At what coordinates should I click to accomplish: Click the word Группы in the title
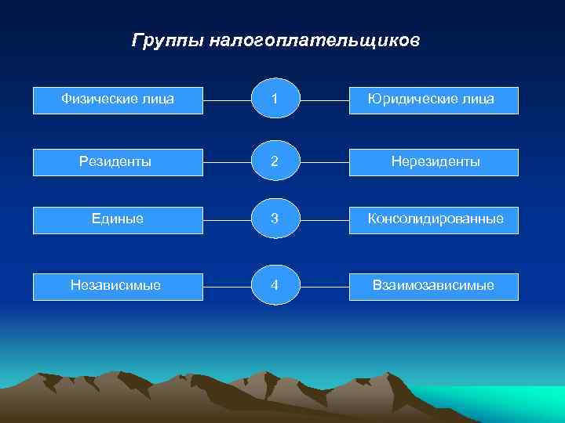click(168, 40)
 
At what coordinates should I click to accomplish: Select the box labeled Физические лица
click(118, 99)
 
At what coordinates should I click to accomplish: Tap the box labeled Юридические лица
click(433, 99)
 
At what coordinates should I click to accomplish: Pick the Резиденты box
click(118, 161)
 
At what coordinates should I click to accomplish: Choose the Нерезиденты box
click(433, 161)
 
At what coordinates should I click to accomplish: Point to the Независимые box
click(118, 286)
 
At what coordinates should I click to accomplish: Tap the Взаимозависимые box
click(433, 286)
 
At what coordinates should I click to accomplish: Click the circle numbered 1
click(274, 99)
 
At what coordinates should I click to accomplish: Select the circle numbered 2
click(274, 161)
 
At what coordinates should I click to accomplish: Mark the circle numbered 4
click(274, 286)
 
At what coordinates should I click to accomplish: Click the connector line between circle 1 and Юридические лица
click(324, 100)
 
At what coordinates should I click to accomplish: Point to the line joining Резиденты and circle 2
click(226, 162)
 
